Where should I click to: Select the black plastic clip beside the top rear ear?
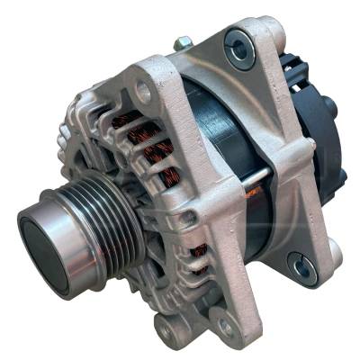click(x=288, y=67)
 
